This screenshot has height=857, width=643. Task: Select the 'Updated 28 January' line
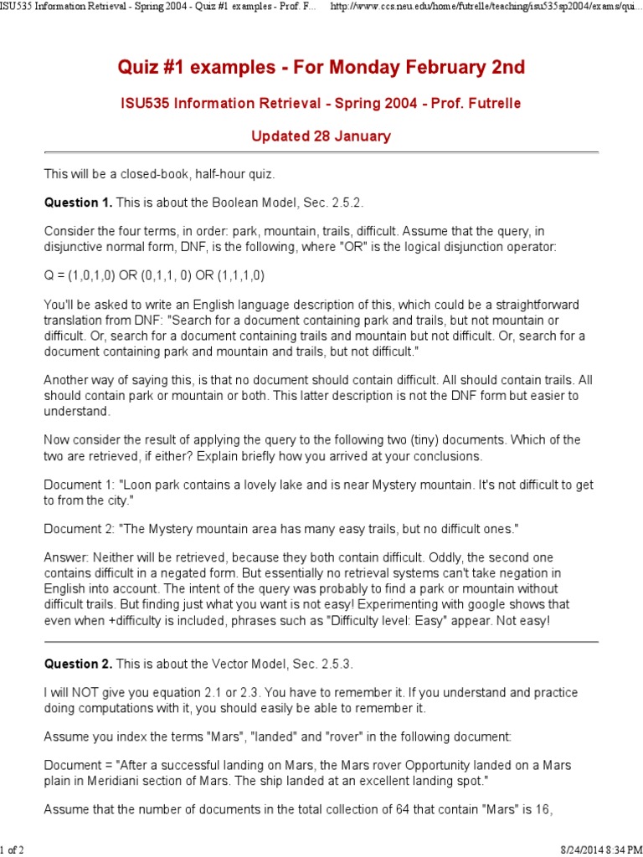point(321,136)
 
